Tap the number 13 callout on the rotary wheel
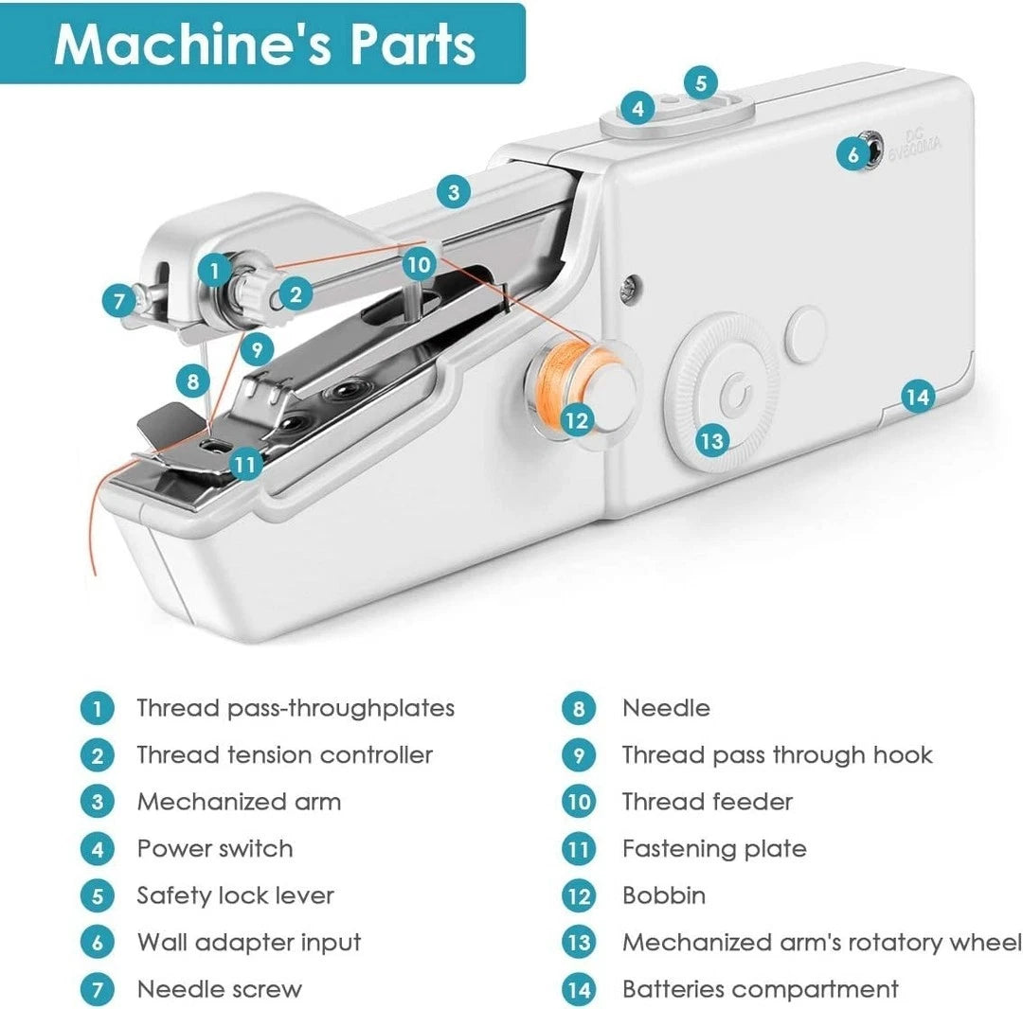(x=711, y=439)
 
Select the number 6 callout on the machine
(x=853, y=154)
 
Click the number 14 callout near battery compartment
(x=916, y=397)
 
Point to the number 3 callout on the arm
(x=454, y=193)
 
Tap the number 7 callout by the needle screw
(x=118, y=302)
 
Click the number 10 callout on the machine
(x=418, y=262)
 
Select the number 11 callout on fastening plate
(x=245, y=464)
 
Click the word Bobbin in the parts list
(x=663, y=895)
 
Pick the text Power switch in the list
(x=215, y=848)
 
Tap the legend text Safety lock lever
(x=235, y=895)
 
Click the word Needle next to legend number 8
(x=666, y=708)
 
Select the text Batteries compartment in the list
(x=760, y=989)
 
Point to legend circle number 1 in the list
(x=97, y=708)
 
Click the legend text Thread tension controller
(x=284, y=755)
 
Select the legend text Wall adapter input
(x=249, y=942)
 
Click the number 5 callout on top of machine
(x=700, y=83)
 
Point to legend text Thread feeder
(x=707, y=802)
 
